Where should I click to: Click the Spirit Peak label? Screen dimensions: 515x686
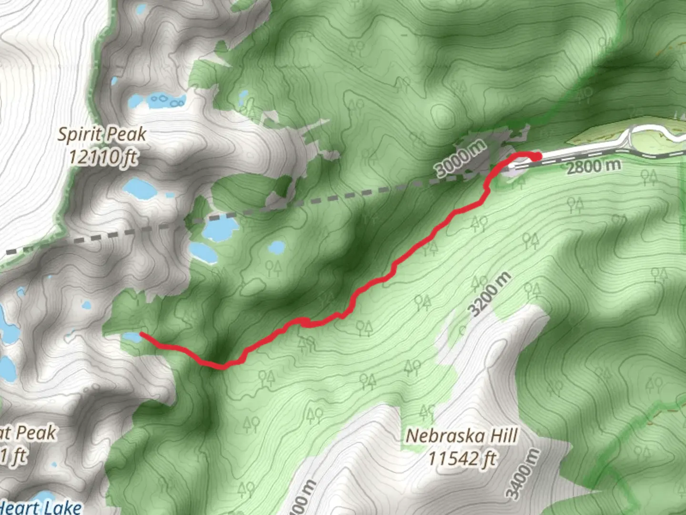(x=102, y=134)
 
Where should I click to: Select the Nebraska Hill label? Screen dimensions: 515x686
(x=462, y=435)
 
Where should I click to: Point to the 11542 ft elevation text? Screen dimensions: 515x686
(x=462, y=458)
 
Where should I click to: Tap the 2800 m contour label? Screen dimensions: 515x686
(x=594, y=166)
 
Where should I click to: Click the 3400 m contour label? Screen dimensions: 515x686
(x=524, y=474)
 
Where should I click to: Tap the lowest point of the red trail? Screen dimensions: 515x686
(x=222, y=367)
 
